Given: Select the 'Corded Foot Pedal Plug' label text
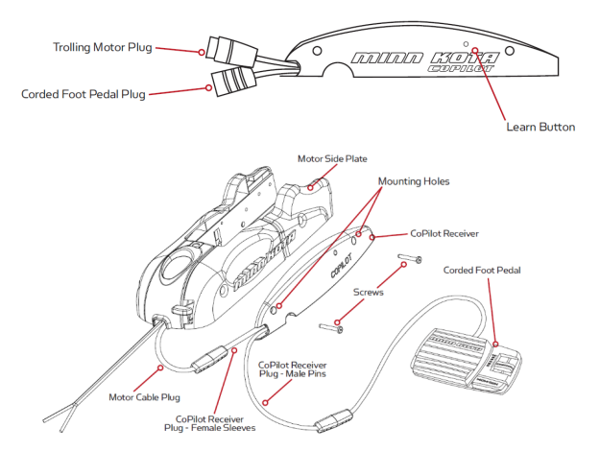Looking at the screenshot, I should pos(84,94).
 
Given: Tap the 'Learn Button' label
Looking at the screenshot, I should pos(540,127).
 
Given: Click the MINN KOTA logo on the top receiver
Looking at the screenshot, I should pos(421,59).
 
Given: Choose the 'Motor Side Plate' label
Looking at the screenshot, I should pos(332,158).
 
